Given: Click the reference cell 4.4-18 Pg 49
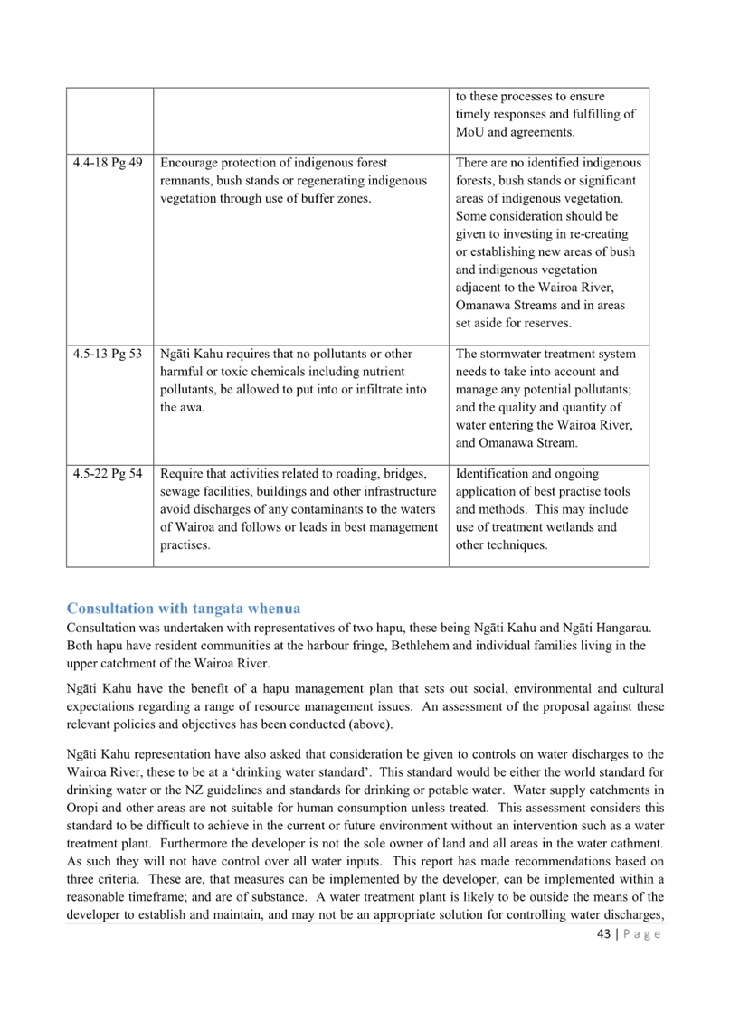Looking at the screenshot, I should point(108,163).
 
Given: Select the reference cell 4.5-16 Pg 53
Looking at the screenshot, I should point(108,354).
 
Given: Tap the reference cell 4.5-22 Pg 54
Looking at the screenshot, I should point(108,474).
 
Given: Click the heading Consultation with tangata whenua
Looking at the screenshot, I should point(184,607).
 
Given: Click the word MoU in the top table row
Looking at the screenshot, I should point(471,133).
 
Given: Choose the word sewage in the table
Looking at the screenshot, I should point(178,491).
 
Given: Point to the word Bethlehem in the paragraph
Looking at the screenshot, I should point(467,646).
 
